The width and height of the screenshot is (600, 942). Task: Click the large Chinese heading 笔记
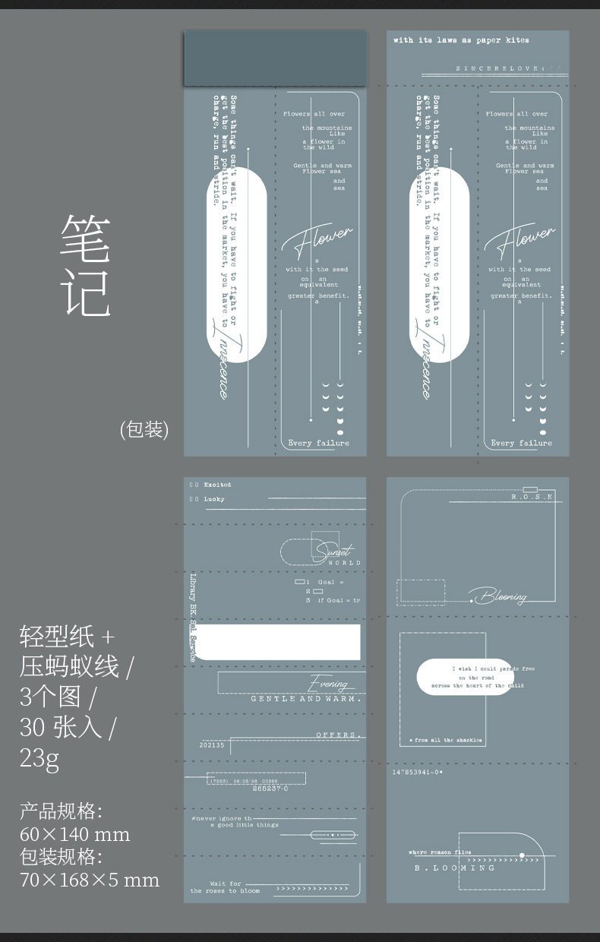[x=87, y=265]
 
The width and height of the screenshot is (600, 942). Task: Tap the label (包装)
[x=144, y=429]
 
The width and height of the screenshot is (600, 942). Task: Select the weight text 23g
[x=39, y=757]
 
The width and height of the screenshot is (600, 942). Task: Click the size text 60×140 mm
[x=74, y=834]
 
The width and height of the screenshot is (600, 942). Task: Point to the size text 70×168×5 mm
[x=90, y=880]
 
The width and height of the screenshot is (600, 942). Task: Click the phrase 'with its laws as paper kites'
[x=461, y=40]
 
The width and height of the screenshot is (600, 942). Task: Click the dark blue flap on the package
[x=275, y=58]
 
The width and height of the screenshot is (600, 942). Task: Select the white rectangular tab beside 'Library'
[x=282, y=642]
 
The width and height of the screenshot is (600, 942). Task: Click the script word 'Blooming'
[x=499, y=596]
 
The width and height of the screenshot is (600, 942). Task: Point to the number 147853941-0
[x=417, y=772]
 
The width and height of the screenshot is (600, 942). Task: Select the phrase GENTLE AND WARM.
[x=306, y=699]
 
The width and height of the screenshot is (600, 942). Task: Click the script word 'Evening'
[x=328, y=684]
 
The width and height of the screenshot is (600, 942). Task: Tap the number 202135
[x=212, y=745]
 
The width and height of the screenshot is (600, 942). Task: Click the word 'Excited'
[x=217, y=485]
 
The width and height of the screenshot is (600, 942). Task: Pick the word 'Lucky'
[x=214, y=499]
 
